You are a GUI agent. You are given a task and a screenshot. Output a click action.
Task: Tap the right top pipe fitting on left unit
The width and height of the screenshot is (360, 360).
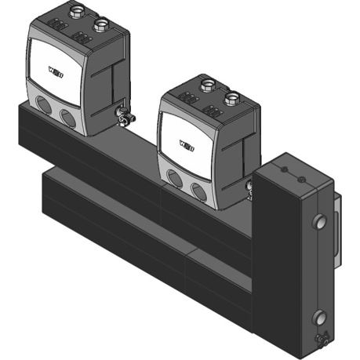pyautogui.click(x=100, y=24)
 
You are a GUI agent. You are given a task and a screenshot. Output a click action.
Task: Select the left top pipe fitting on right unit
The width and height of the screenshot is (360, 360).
pyautogui.click(x=208, y=85)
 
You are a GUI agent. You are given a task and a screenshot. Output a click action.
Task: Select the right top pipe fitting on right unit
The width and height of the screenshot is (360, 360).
pyautogui.click(x=231, y=96)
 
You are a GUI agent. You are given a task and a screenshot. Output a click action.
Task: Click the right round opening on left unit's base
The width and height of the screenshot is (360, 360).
pyautogui.click(x=69, y=118)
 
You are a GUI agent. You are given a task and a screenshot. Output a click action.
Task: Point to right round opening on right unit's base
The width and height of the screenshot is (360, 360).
pyautogui.click(x=198, y=190)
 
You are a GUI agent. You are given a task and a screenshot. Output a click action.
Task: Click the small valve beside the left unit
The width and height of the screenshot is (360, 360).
pyautogui.click(x=124, y=117)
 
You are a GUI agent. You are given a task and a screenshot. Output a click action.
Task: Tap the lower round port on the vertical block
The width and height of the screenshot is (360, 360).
pyautogui.click(x=319, y=318)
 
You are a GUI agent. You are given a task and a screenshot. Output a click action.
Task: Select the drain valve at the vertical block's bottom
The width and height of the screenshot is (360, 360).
pyautogui.click(x=320, y=340)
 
